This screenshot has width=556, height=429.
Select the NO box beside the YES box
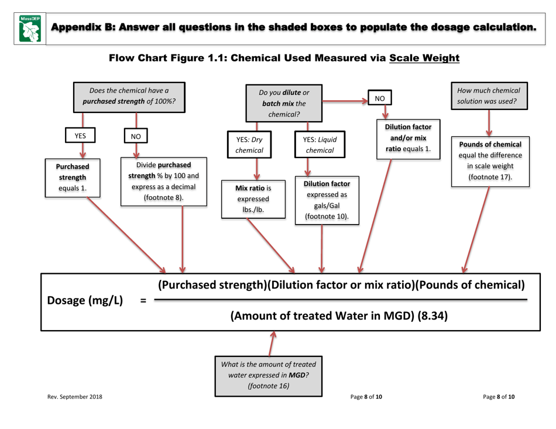[136, 136]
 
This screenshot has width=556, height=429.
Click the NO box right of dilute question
[380, 99]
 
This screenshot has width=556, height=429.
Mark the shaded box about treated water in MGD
[269, 375]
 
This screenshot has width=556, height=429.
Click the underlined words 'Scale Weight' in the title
[424, 58]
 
